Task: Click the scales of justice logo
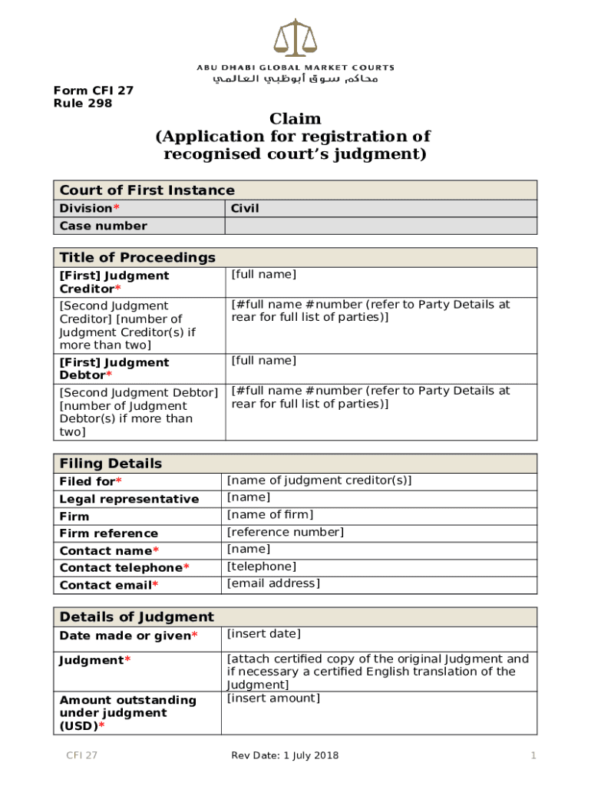[x=295, y=38]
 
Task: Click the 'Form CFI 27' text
[x=93, y=91]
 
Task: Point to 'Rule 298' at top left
[x=82, y=103]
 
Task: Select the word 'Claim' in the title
[x=295, y=119]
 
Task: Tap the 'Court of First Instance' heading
[x=147, y=190]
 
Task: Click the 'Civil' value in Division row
[x=246, y=209]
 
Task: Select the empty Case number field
[x=381, y=226]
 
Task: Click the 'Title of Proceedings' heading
[x=137, y=257]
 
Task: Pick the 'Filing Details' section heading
[x=111, y=464]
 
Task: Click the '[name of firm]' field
[x=270, y=515]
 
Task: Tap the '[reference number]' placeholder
[x=286, y=532]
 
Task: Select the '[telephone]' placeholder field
[x=262, y=566]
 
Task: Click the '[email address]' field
[x=273, y=583]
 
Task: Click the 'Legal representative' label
[x=129, y=500]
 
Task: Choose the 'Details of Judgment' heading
[x=137, y=617]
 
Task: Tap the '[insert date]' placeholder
[x=264, y=634]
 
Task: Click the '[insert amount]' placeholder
[x=273, y=698]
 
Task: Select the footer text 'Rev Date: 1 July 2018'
[x=285, y=756]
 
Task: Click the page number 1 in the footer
[x=533, y=756]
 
